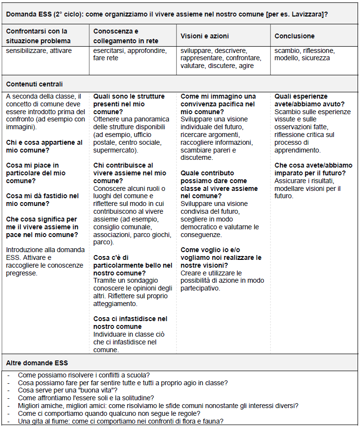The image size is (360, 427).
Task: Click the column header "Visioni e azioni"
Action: pyautogui.click(x=205, y=36)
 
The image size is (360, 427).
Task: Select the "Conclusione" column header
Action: pyautogui.click(x=294, y=36)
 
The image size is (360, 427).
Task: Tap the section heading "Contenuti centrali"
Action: pyautogui.click(x=34, y=84)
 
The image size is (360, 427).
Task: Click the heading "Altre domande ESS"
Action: pyautogui.click(x=37, y=363)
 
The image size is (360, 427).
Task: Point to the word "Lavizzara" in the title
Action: pyautogui.click(x=306, y=14)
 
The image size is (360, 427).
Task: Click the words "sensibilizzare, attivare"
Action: pyautogui.click(x=39, y=51)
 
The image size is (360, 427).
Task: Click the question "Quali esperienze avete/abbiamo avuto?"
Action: pyautogui.click(x=309, y=100)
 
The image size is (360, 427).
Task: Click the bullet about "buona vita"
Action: pyautogui.click(x=68, y=390)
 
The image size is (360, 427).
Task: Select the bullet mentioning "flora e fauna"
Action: pyautogui.click(x=120, y=421)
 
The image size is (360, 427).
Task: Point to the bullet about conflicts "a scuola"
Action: pyautogui.click(x=84, y=375)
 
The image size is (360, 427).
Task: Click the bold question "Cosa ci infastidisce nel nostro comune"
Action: pyautogui.click(x=130, y=323)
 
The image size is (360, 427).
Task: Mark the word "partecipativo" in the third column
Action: pyautogui.click(x=200, y=288)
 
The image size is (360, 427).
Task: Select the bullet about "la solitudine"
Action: pyautogui.click(x=86, y=398)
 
